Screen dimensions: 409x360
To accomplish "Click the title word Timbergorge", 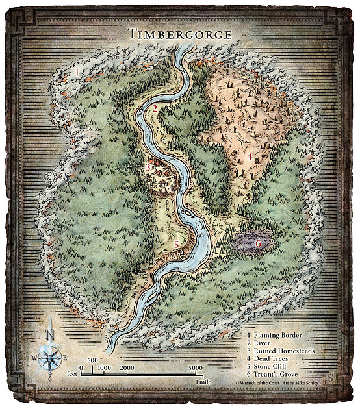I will click(180, 34).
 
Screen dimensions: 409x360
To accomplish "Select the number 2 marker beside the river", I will click(155, 108).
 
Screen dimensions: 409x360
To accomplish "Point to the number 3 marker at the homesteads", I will click(148, 167).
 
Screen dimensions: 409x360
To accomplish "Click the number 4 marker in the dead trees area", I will click(250, 157).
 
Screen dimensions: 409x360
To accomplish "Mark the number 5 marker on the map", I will click(176, 244).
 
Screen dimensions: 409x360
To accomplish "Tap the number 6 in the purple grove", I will click(258, 243).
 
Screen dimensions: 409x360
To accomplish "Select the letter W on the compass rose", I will click(37, 357).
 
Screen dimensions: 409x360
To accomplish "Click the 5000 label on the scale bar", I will click(195, 369).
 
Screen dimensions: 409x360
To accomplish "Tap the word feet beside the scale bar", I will click(74, 375).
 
